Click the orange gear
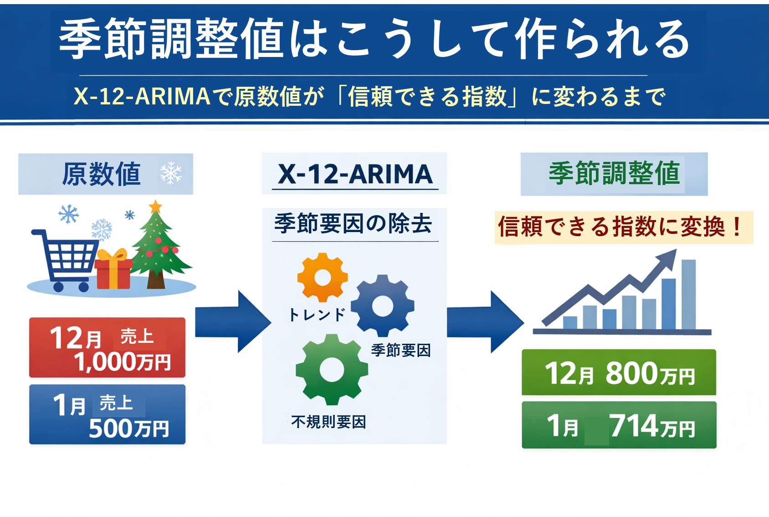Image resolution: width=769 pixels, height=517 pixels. [323, 277]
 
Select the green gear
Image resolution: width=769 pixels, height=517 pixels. [332, 370]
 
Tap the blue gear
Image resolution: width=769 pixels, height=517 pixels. [382, 305]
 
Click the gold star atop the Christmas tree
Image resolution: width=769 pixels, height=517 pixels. [155, 207]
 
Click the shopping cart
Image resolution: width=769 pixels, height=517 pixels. [64, 260]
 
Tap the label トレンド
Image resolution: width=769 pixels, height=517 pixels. [317, 315]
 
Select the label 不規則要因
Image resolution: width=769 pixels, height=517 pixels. [328, 422]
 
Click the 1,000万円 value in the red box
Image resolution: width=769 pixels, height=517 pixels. [122, 362]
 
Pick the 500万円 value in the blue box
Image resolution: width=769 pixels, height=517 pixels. [129, 429]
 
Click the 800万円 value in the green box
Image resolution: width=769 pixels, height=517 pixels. [650, 373]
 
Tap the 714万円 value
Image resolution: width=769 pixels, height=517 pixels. [652, 426]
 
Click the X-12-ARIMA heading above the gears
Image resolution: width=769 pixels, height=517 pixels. [355, 174]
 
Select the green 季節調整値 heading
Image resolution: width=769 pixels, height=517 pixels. [615, 173]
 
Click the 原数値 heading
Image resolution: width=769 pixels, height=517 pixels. [101, 174]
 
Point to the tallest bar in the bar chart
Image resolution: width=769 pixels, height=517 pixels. [688, 295]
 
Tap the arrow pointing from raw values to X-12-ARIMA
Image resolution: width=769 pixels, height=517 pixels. [233, 321]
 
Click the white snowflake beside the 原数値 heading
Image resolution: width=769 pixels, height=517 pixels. [171, 173]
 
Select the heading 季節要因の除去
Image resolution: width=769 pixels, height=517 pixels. [353, 224]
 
